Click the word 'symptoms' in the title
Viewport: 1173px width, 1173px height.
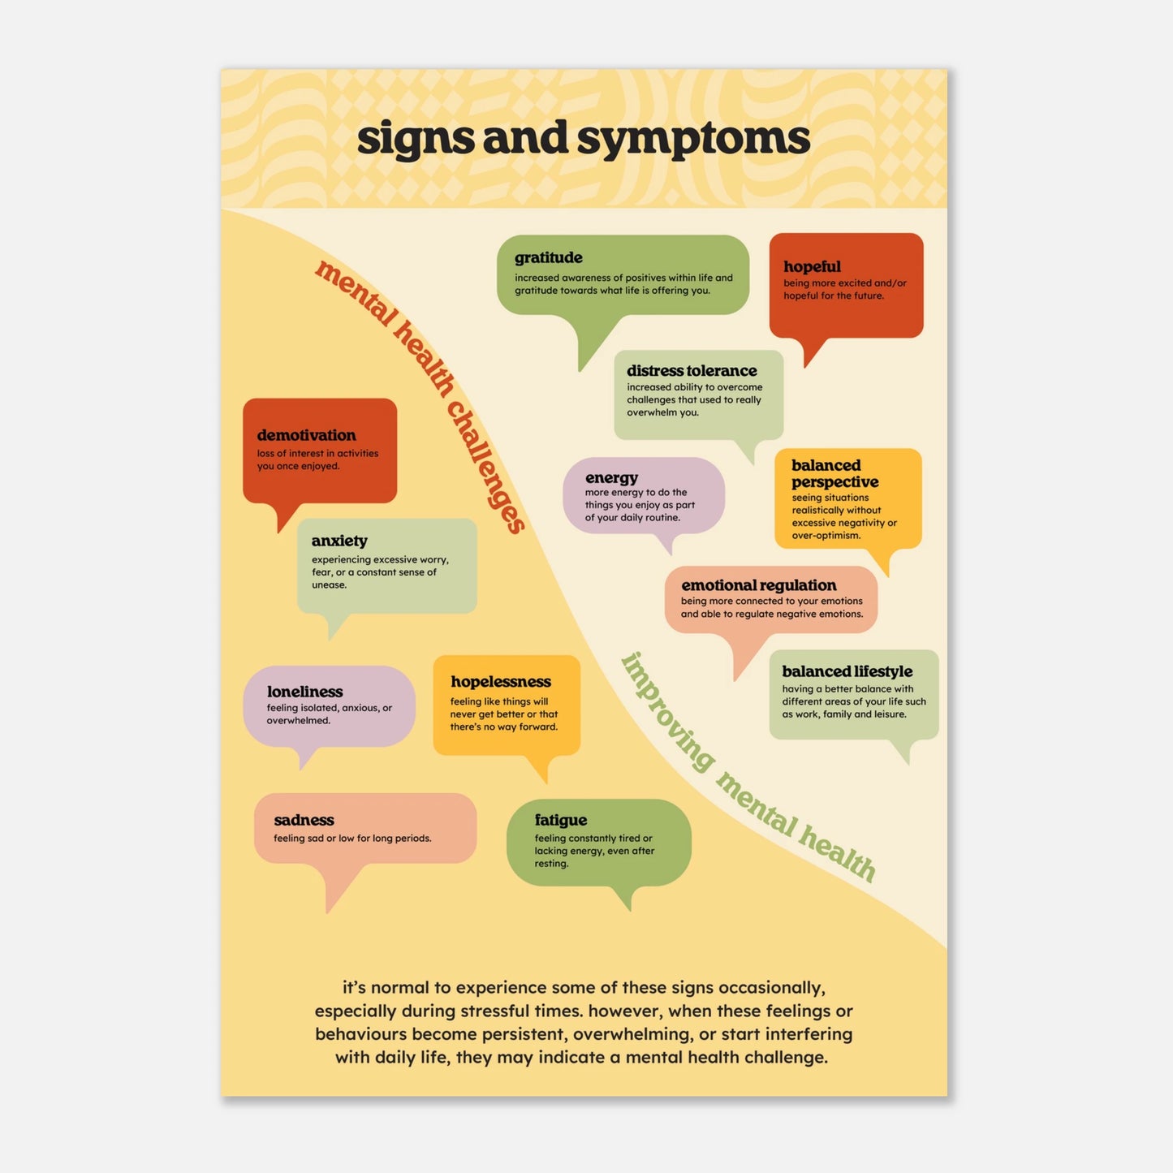tap(693, 140)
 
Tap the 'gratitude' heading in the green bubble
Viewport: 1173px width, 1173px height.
tap(549, 258)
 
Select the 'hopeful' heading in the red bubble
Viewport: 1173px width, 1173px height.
tap(812, 266)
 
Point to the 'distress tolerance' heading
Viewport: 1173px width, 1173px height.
tap(692, 371)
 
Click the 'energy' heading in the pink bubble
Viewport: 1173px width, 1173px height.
tap(611, 478)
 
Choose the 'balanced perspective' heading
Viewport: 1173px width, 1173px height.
tap(834, 473)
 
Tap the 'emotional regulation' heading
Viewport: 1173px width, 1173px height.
tap(758, 585)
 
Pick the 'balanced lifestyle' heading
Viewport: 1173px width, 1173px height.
tap(847, 671)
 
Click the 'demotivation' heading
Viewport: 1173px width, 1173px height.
tap(306, 436)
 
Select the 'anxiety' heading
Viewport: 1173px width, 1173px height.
tap(339, 541)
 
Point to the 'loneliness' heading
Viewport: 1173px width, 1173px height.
tap(304, 692)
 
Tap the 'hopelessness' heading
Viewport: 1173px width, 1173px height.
tap(500, 682)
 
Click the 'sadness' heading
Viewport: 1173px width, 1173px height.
tap(304, 820)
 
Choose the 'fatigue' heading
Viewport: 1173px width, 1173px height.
tap(560, 820)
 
